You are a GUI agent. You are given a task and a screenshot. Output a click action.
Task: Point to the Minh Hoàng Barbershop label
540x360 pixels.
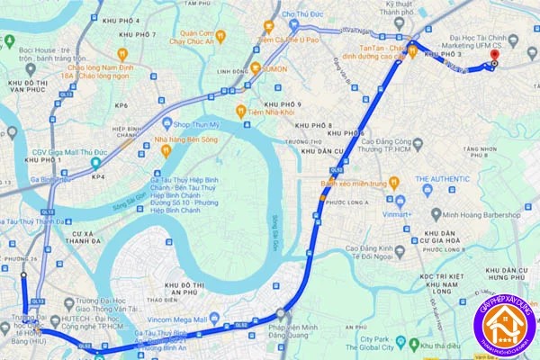[482, 214]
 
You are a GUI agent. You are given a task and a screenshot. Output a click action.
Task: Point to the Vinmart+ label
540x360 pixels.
[394, 214]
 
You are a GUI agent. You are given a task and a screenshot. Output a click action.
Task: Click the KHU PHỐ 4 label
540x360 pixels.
[123, 20]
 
